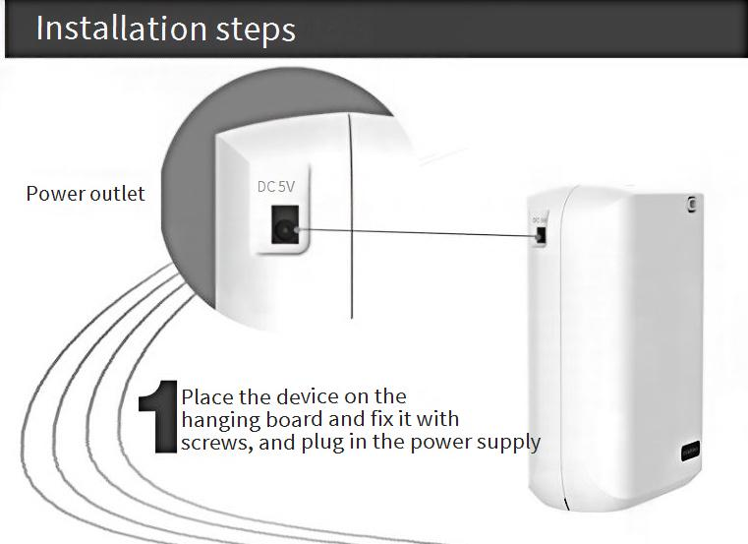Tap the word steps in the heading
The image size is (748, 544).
pos(256,30)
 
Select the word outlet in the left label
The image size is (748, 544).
pos(117,194)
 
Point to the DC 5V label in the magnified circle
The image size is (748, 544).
pos(276,186)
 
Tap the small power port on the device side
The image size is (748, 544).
pos(541,235)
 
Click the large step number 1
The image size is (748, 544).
pos(158,416)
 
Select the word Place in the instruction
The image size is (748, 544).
pos(207,396)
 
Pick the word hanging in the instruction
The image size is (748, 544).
pos(221,420)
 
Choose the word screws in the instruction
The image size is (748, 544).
pos(216,444)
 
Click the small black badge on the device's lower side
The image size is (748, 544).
pos(690,452)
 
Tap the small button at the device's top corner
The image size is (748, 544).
pos(692,204)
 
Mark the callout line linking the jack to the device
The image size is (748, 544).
pos(418,232)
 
